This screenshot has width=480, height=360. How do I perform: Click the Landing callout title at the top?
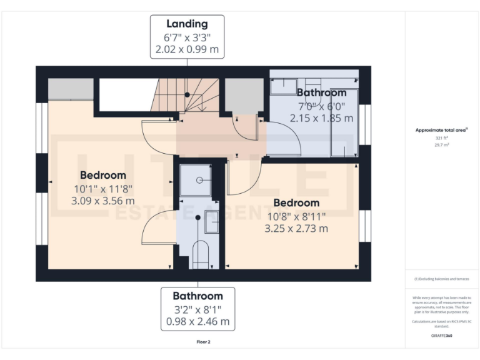(x=187, y=24)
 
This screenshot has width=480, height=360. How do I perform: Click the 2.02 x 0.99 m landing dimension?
(x=187, y=49)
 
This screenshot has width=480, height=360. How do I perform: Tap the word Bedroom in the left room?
(x=103, y=175)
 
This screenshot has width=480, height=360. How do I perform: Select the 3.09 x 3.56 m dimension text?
(x=103, y=201)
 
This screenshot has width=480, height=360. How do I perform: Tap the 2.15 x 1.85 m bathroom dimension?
(x=321, y=117)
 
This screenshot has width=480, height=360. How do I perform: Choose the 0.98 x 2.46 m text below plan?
(x=197, y=322)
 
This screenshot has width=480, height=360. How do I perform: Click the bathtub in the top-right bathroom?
(x=344, y=122)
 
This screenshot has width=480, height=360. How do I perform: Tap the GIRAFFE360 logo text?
(x=441, y=336)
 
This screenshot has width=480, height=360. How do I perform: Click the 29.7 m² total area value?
(x=442, y=144)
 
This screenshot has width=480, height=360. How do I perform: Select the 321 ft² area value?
(x=442, y=137)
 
